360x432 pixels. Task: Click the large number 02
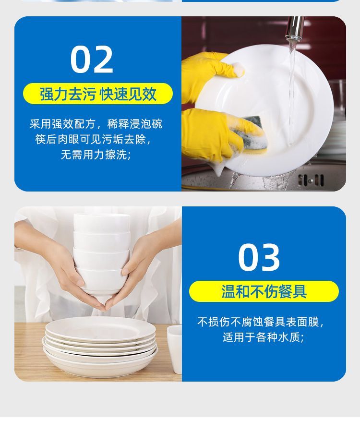tap(92, 60)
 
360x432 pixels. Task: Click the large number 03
tap(259, 257)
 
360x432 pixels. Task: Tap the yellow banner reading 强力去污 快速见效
tap(98, 94)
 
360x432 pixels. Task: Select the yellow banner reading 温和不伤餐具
tap(264, 291)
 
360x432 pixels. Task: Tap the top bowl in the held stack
tap(102, 223)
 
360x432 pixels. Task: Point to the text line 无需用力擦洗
tap(96, 155)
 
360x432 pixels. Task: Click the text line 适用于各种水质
tap(263, 337)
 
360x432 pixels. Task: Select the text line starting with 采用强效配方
tap(96, 124)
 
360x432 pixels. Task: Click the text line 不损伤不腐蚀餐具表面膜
tap(260, 322)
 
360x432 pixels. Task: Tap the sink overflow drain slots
tap(311, 180)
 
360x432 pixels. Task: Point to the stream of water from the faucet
tap(291, 91)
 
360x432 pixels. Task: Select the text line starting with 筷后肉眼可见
tap(93, 139)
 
